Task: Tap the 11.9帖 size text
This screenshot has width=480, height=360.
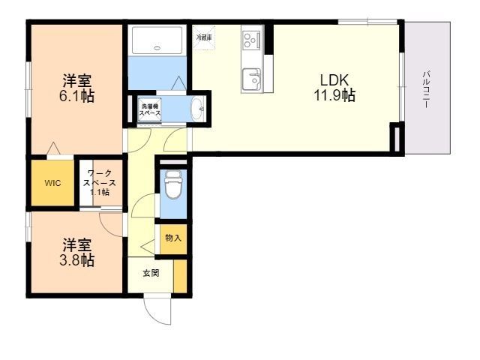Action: click(x=334, y=96)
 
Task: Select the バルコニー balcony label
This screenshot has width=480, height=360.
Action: click(x=424, y=89)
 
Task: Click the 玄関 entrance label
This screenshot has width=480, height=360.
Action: click(x=151, y=274)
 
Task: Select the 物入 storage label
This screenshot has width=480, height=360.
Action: click(x=172, y=238)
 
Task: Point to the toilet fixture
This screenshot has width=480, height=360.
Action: click(x=172, y=184)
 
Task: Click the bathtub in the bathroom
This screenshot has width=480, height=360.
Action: click(x=157, y=41)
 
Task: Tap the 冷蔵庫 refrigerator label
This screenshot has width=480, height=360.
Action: click(x=203, y=37)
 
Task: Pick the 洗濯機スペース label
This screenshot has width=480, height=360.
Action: click(x=149, y=109)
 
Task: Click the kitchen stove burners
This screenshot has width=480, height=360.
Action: click(x=250, y=37)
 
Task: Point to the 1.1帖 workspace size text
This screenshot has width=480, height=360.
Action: click(x=100, y=192)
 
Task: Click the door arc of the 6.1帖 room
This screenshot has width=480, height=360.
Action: click(x=55, y=148)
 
